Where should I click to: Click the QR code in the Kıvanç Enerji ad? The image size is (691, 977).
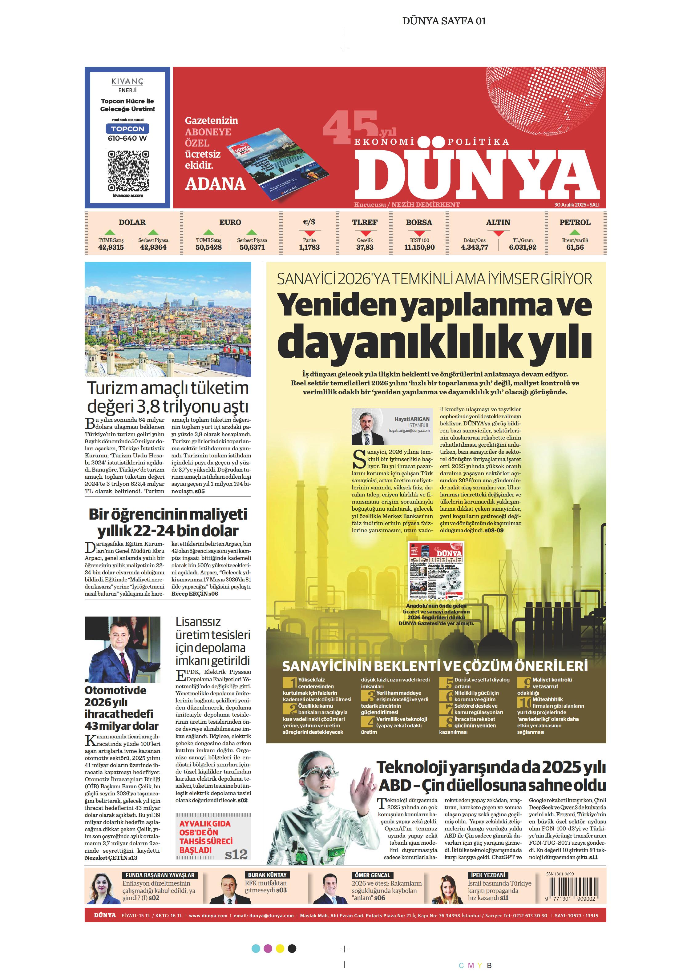pyautogui.click(x=128, y=171)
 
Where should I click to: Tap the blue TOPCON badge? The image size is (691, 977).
pyautogui.click(x=128, y=128)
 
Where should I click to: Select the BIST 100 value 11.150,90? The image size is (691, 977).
pyautogui.click(x=419, y=247)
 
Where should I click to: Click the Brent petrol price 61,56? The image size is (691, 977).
pyautogui.click(x=575, y=247)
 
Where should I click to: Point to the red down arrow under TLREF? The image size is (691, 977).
pyautogui.click(x=365, y=233)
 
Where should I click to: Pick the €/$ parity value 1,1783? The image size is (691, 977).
pyautogui.click(x=309, y=247)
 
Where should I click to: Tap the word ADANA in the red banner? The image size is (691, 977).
pyautogui.click(x=216, y=184)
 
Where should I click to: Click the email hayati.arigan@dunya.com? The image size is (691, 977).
pyautogui.click(x=409, y=431)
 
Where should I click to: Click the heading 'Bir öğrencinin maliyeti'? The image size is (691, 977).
pyautogui.click(x=168, y=514)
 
